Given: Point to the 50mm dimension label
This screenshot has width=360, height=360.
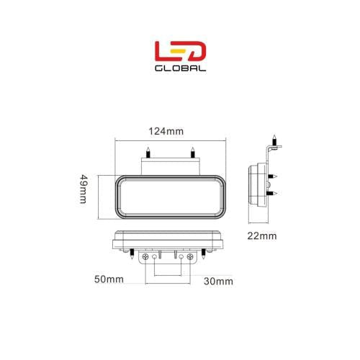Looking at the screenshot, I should tap(109, 279).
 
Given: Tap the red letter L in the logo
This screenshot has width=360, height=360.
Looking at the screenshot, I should tap(163, 51).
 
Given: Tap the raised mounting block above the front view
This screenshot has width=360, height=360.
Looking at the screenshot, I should tap(170, 166).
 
